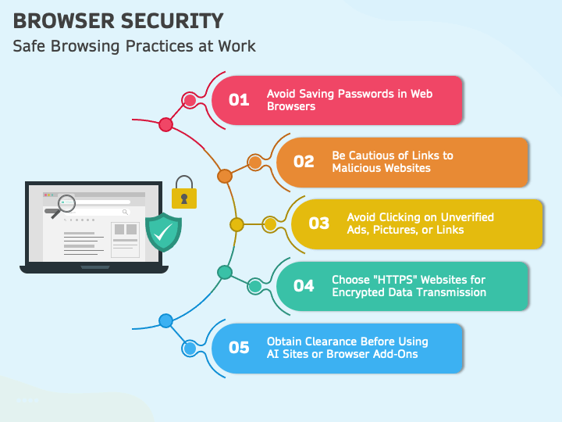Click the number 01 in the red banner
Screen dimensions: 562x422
[239, 100]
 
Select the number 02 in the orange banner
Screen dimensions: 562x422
[304, 162]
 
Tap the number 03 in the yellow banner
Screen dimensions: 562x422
[319, 224]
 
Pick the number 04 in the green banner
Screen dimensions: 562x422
[304, 286]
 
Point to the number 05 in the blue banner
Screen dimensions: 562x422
[239, 347]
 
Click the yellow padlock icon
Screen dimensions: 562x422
[184, 192]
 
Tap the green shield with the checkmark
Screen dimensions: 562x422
[163, 232]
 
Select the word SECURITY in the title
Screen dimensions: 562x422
[172, 21]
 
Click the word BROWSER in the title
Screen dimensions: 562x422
[64, 21]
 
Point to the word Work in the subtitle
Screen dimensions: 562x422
[237, 46]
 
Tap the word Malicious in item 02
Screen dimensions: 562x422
[356, 168]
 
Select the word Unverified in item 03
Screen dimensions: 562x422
[468, 217]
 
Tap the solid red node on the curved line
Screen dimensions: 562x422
[165, 124]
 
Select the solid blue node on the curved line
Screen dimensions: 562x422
[166, 321]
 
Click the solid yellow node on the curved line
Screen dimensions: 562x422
[237, 224]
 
